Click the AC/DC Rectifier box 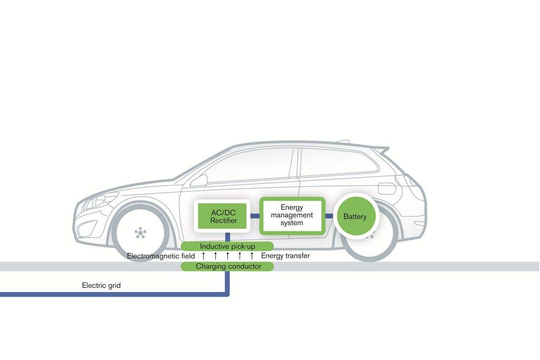[x=224, y=216]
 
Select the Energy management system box [x=292, y=215]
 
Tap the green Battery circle [x=355, y=216]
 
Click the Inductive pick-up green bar [x=227, y=246]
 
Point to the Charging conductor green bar [x=227, y=267]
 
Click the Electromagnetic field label [x=161, y=256]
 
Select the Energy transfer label [x=285, y=256]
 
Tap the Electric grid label [x=101, y=286]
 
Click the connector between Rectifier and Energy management [x=255, y=216]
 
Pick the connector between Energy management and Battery [x=329, y=216]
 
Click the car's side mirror [x=199, y=180]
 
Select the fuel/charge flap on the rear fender [x=387, y=188]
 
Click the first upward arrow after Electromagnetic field [x=204, y=256]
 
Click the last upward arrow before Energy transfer [x=252, y=256]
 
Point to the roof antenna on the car [x=343, y=141]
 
